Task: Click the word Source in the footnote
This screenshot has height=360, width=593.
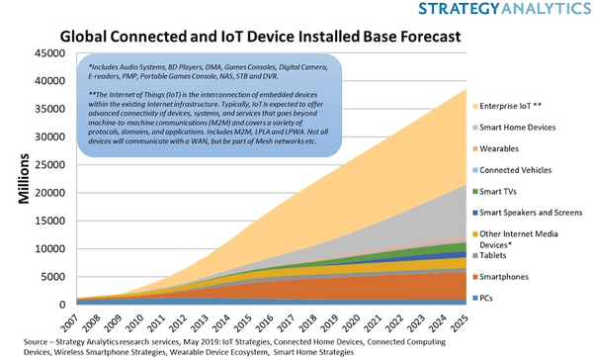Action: click(22, 338)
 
